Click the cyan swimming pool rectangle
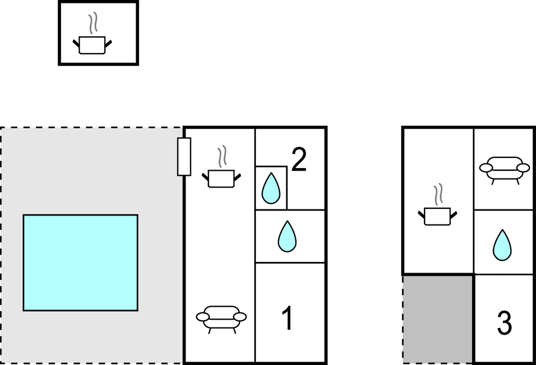[x=80, y=263]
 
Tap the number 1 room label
[x=287, y=319]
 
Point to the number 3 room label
[x=505, y=323]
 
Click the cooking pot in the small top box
[x=92, y=45]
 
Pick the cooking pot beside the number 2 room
[x=221, y=178]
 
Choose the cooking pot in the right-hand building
[x=437, y=216]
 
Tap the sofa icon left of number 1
[x=221, y=317]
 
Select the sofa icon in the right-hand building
[x=505, y=168]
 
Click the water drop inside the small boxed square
[x=271, y=188]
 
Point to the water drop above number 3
[x=502, y=245]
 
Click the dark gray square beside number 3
[x=438, y=319]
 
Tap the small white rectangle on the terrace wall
[x=184, y=156]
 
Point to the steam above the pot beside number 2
[x=222, y=157]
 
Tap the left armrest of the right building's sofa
[x=485, y=168]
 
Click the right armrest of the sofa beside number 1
[x=240, y=317]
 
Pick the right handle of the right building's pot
[x=454, y=214]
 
